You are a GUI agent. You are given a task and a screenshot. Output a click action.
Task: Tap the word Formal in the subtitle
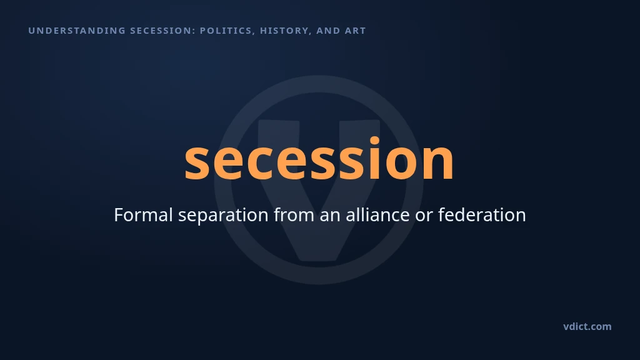tap(143, 215)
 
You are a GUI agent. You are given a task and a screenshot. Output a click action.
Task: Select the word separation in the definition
tap(223, 216)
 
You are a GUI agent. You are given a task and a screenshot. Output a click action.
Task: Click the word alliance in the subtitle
tap(377, 215)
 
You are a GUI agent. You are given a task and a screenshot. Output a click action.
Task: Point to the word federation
tap(482, 215)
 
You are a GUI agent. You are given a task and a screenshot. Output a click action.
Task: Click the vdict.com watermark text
tap(587, 326)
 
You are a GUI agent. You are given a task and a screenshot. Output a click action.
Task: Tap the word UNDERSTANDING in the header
tap(77, 31)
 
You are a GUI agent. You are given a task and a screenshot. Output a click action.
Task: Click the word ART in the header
tap(355, 31)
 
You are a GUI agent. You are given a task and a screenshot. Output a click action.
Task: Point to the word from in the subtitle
tap(294, 215)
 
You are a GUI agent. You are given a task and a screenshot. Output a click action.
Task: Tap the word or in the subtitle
tap(424, 217)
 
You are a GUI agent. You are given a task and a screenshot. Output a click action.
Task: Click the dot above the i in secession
tap(375, 141)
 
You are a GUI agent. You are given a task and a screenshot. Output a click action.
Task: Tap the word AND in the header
tap(328, 31)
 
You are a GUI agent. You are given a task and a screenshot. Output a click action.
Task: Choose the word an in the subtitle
tap(330, 217)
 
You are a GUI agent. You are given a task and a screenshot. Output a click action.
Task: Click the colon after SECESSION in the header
tap(194, 31)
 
